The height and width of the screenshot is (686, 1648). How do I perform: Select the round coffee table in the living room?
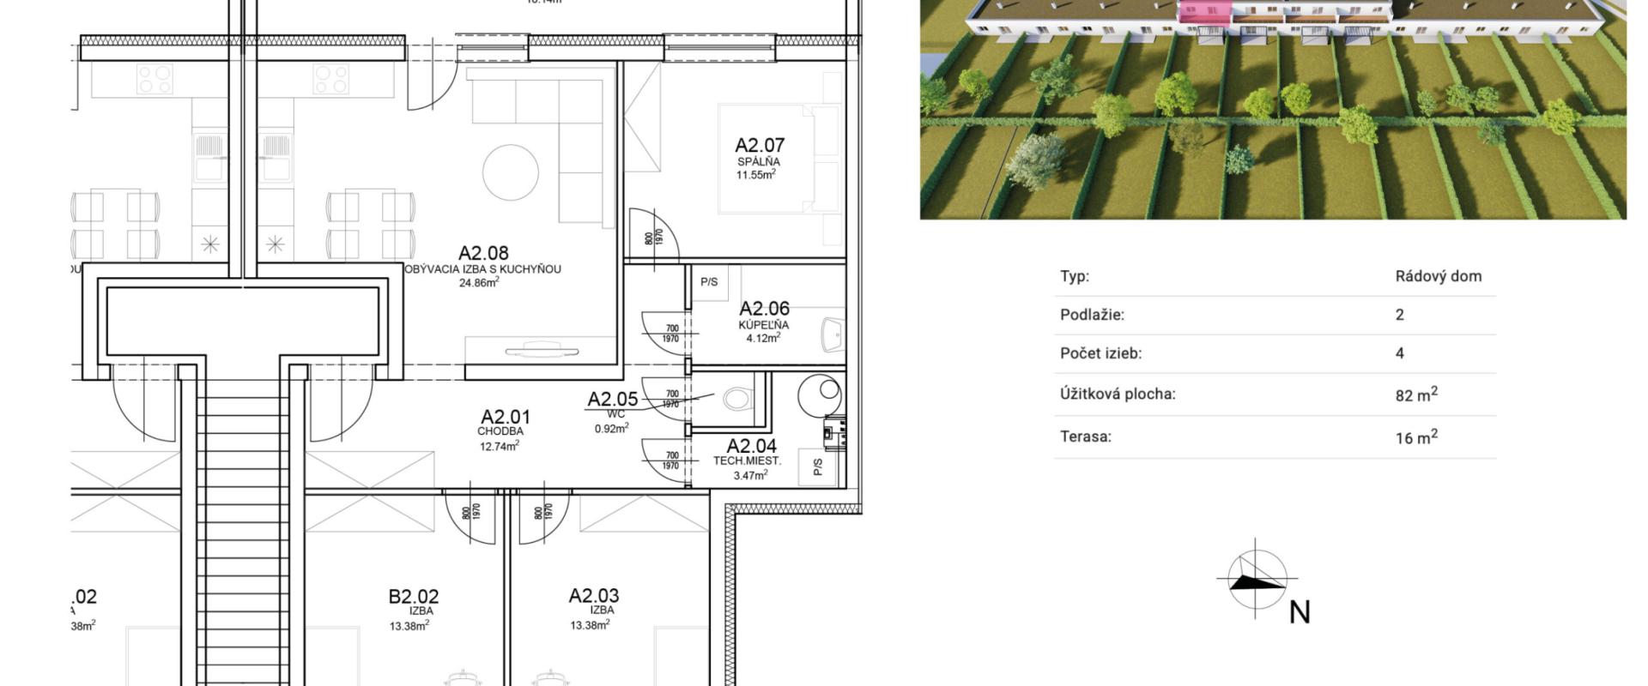pos(510,172)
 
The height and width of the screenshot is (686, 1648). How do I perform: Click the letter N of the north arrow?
pos(1300,612)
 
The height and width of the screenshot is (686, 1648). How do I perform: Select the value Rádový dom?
pos(1438,277)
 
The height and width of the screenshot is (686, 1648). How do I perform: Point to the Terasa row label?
pos(1086,436)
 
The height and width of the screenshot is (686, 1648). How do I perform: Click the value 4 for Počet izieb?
pos(1400,353)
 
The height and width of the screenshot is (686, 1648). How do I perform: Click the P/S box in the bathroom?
pos(709,282)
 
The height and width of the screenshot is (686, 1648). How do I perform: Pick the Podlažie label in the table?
pos(1092,315)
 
